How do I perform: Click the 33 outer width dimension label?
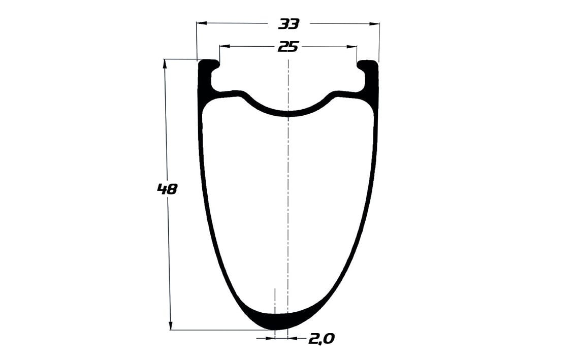point(289,24)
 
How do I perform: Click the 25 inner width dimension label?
point(289,47)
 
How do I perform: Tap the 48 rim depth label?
point(167,189)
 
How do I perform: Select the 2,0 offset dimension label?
point(322,339)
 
